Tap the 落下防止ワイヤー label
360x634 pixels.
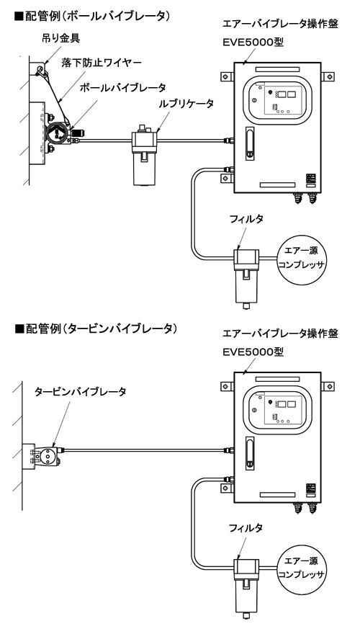point(101,63)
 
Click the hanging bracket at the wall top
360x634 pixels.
point(40,70)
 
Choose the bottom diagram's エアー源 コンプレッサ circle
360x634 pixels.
point(302,566)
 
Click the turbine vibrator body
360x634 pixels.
point(48,455)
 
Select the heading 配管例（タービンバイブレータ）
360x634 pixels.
point(95,329)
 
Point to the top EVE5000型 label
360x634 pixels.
point(253,42)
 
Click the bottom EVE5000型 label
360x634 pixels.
point(253,352)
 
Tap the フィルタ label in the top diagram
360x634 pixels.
point(246,219)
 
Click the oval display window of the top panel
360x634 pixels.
point(277,99)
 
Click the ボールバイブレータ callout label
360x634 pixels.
point(123,86)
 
